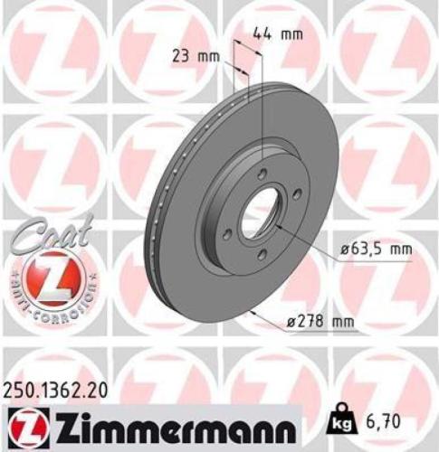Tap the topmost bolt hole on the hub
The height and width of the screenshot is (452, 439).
coord(262,175)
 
